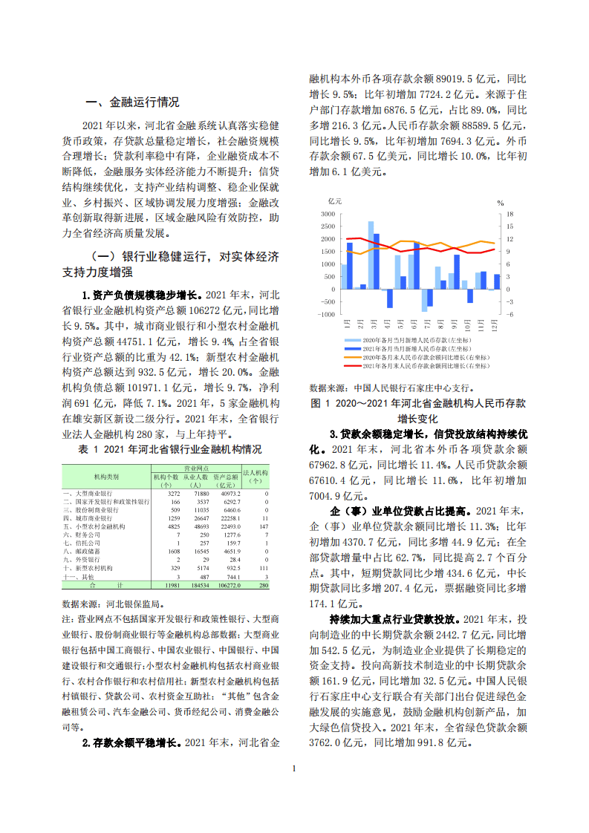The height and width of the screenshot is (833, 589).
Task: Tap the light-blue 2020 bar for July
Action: tap(424, 300)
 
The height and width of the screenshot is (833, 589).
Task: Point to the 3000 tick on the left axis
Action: tap(328, 214)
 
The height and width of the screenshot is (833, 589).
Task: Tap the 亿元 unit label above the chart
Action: tap(334, 201)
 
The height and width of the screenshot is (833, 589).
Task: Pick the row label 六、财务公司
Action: tap(80, 534)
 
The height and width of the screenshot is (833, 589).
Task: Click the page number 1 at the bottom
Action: tap(294, 768)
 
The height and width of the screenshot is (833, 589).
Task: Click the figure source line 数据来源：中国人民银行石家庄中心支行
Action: tap(391, 388)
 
